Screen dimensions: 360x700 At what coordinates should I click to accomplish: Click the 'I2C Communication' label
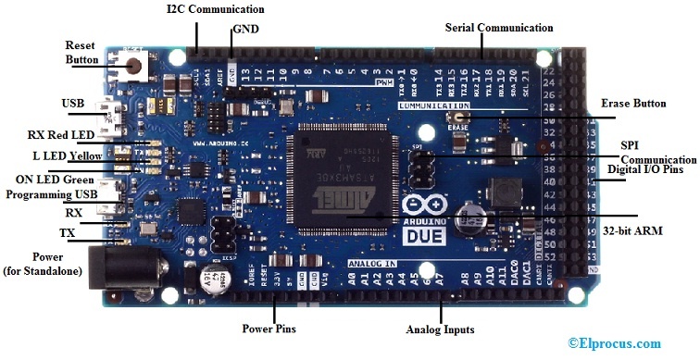pos(215,9)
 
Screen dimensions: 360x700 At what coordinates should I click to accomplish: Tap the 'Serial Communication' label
pos(499,29)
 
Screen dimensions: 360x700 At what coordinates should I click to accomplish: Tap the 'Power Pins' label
pos(270,328)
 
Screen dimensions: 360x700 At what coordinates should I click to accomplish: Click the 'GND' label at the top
pos(246,30)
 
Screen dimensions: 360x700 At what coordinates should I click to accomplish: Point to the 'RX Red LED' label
pos(61,135)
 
